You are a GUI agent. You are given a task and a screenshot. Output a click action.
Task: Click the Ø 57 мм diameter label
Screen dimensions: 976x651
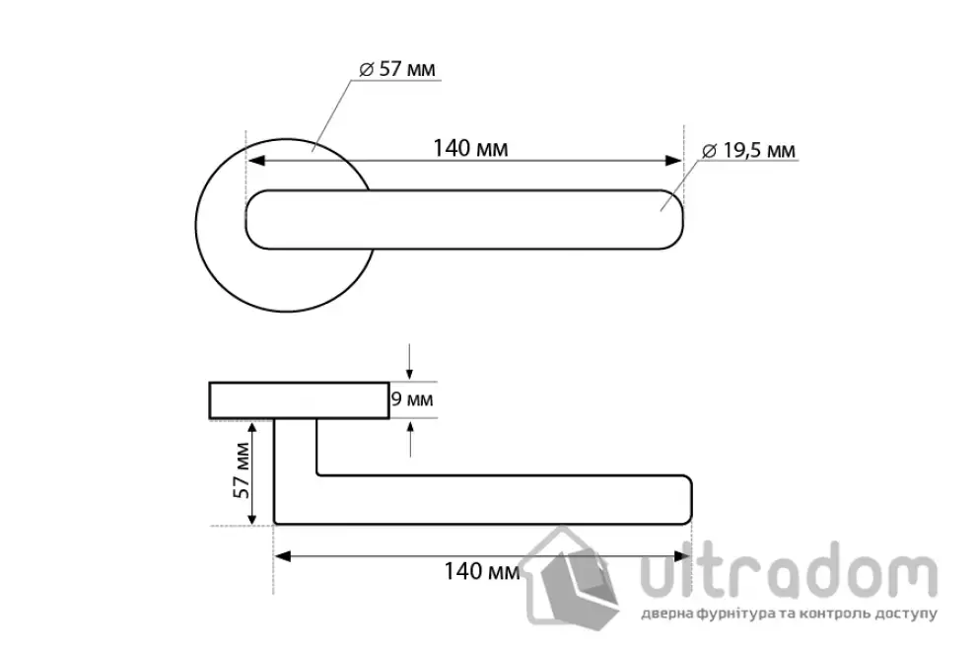click(397, 68)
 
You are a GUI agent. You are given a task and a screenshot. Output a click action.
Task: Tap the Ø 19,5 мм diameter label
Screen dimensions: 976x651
click(749, 151)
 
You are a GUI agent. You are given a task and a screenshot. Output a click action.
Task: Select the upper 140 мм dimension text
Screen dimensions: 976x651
click(470, 148)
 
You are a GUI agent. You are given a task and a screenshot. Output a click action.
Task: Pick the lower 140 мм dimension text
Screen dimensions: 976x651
click(481, 571)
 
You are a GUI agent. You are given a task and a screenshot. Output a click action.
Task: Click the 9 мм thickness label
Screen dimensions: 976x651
click(412, 398)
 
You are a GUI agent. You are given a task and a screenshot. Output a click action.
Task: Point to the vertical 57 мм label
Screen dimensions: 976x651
click(242, 470)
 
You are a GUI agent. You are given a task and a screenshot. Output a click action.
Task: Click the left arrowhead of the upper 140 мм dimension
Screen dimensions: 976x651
click(256, 161)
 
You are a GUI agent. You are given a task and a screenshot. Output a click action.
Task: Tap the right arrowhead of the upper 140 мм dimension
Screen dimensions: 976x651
click(673, 161)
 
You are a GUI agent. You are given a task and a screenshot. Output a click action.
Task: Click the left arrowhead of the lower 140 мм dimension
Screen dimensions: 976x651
click(283, 556)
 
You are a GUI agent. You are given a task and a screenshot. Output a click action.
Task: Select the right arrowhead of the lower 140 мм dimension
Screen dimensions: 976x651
click(682, 556)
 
